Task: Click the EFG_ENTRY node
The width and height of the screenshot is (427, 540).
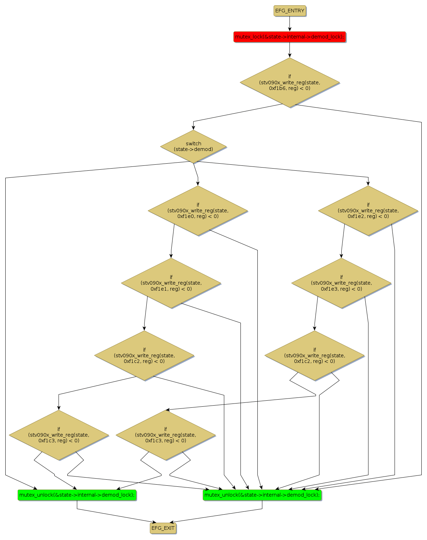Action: click(289, 11)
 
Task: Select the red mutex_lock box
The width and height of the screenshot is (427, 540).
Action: click(289, 37)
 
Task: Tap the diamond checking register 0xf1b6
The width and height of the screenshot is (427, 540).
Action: click(289, 83)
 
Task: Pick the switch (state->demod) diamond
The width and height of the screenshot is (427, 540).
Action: click(193, 146)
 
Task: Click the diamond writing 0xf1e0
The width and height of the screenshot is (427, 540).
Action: click(198, 211)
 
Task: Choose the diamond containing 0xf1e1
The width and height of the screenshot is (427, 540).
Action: click(171, 283)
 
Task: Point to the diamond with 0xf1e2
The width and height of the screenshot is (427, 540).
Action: click(368, 211)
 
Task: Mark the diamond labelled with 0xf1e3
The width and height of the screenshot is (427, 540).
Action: click(341, 283)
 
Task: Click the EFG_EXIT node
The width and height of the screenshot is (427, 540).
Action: click(163, 528)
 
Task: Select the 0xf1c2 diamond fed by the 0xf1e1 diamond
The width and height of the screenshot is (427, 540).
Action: click(144, 356)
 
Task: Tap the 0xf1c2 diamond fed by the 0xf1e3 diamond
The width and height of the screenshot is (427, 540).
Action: click(315, 356)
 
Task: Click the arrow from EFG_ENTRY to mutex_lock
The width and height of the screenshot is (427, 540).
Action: click(289, 24)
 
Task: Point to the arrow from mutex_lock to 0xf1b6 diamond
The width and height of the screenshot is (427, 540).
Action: click(289, 50)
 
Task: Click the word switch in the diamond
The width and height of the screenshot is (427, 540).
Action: click(193, 144)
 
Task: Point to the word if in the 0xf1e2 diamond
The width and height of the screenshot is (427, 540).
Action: click(368, 205)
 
